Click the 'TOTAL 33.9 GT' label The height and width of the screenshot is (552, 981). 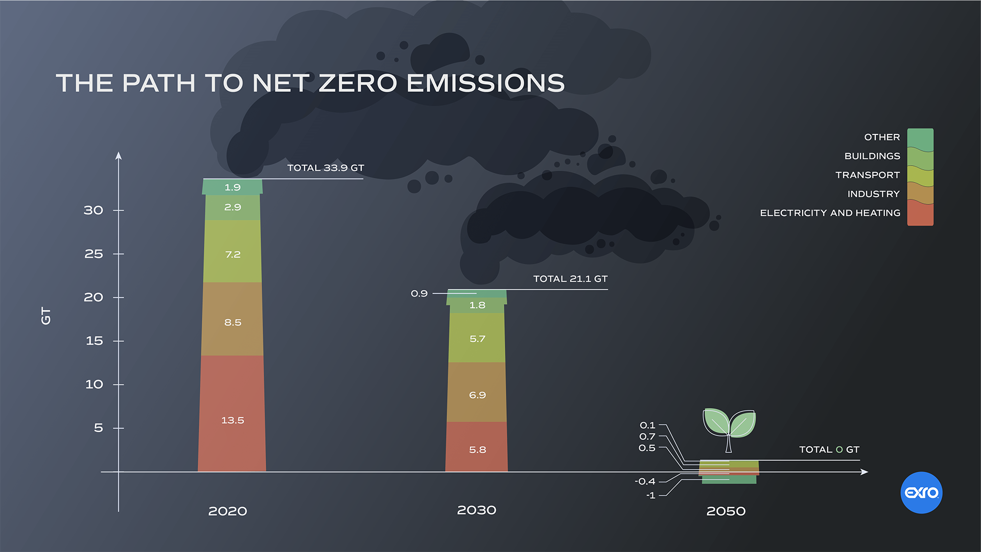(325, 168)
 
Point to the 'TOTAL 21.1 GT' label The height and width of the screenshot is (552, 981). (570, 279)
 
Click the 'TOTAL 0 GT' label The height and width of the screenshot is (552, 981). (829, 449)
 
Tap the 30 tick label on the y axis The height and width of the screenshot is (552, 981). (94, 210)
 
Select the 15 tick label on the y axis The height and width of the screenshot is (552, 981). (94, 340)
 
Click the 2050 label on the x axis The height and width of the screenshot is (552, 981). (726, 511)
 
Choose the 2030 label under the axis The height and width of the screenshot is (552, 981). (476, 510)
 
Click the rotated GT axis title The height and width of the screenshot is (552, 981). (46, 316)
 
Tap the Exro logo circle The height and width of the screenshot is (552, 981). (921, 492)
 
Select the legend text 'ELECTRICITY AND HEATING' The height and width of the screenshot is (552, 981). (830, 213)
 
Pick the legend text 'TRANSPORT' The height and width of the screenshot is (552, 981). (867, 175)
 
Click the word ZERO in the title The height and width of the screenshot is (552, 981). (358, 83)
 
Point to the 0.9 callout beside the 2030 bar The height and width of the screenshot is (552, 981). (419, 293)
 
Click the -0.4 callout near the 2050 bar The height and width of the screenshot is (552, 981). (645, 481)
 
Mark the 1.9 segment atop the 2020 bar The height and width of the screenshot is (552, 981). (232, 187)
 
